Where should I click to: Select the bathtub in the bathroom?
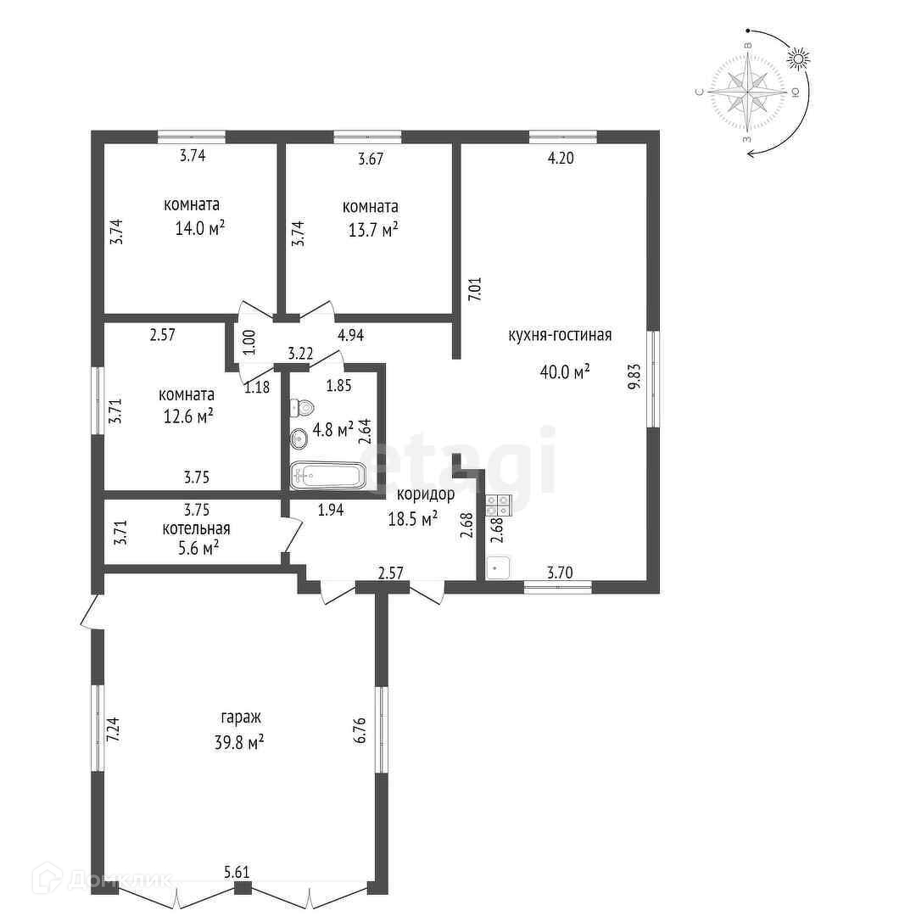[x=328, y=476]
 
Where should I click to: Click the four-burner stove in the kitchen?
[x=499, y=505]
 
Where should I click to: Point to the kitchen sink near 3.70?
[x=498, y=567]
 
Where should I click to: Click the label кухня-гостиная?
[x=561, y=335]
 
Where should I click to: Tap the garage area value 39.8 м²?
[x=239, y=742]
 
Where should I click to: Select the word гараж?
[x=241, y=718]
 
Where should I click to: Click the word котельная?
[x=196, y=528]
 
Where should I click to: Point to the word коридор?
[x=426, y=494]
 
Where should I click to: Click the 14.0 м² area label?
[x=200, y=228]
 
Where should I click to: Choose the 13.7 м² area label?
[x=373, y=230]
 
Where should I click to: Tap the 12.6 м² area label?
[x=188, y=416]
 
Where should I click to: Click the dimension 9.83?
[x=634, y=377]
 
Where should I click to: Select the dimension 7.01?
[x=475, y=288]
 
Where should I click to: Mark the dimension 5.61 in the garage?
[x=237, y=872]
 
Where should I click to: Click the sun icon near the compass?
[x=799, y=59]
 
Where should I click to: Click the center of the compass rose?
[x=748, y=92]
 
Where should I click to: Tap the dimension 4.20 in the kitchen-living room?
[x=561, y=158]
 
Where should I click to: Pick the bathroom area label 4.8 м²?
[x=333, y=430]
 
